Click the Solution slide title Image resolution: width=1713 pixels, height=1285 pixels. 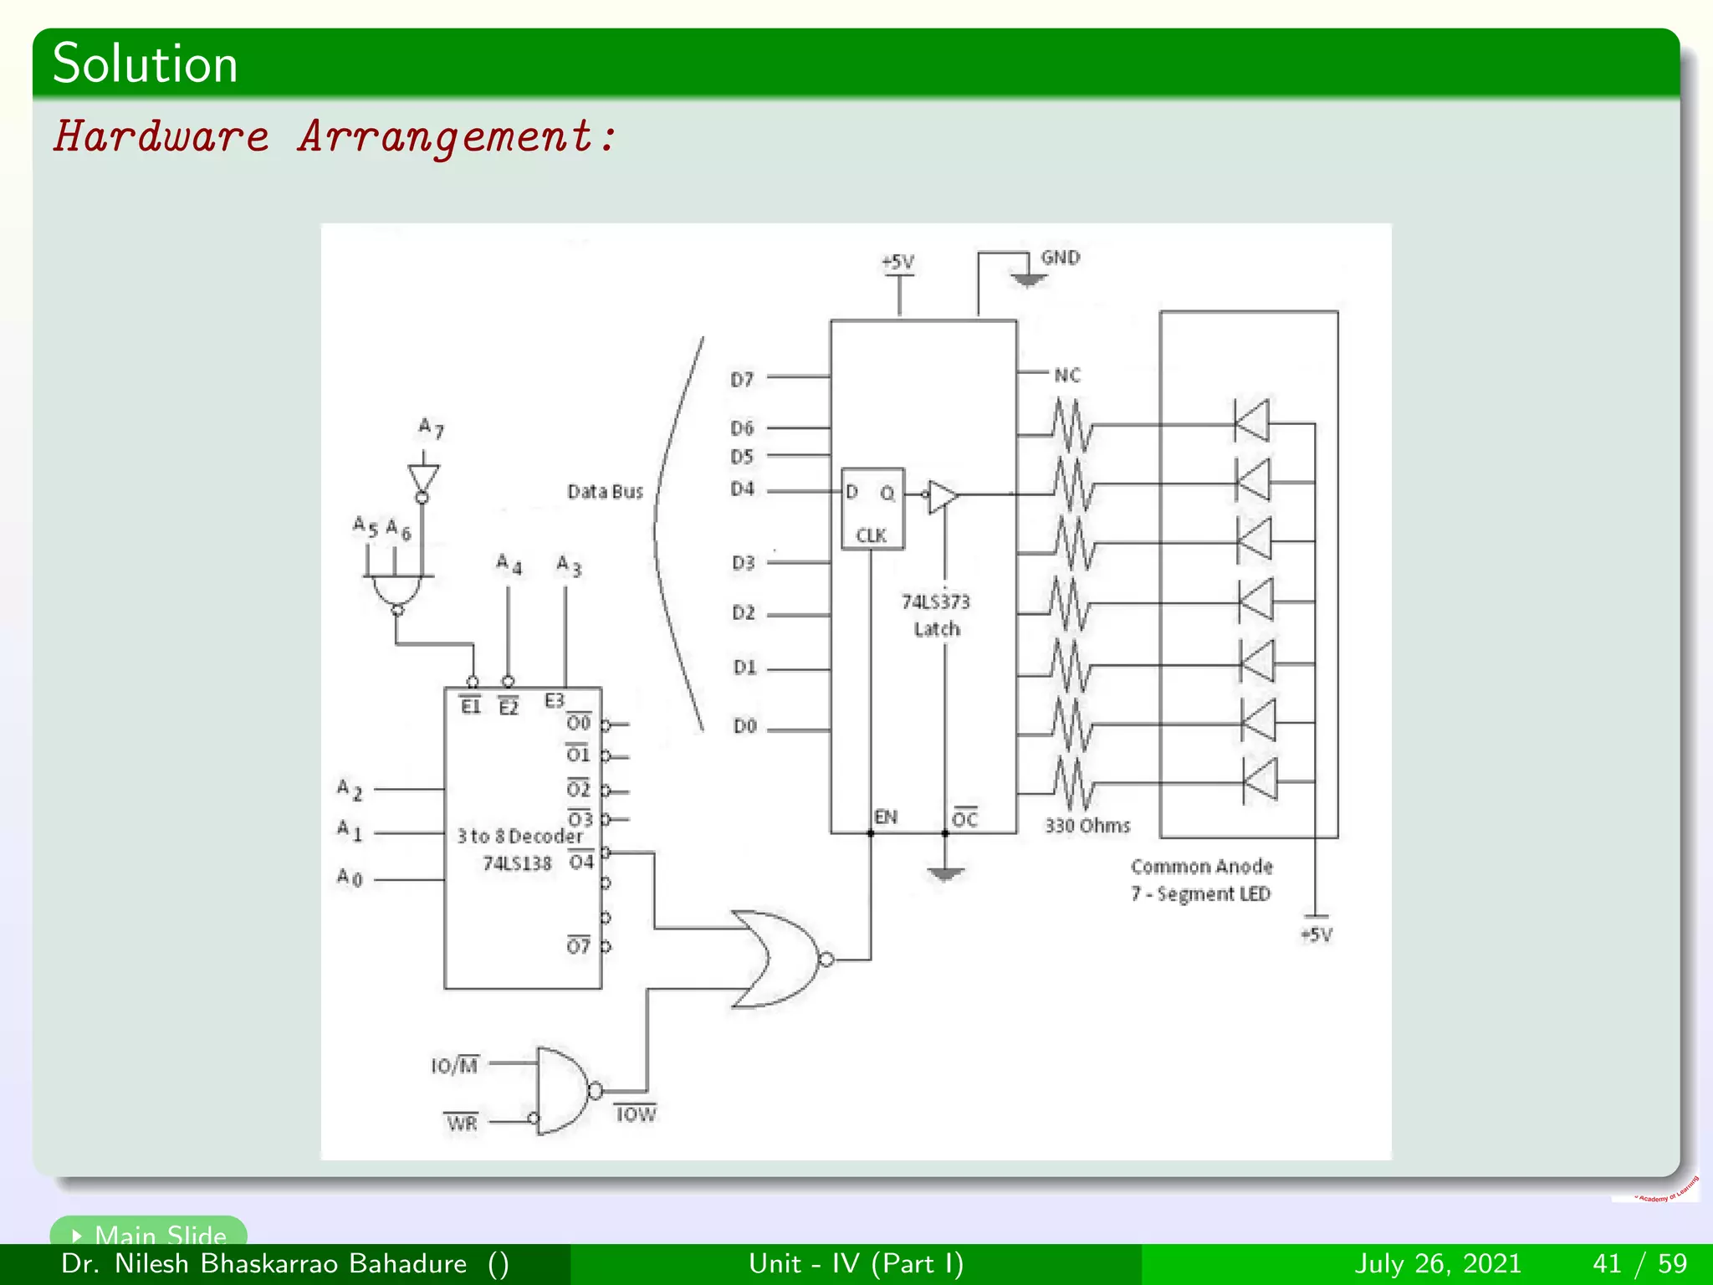point(145,64)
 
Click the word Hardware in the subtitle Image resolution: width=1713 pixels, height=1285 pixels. point(161,136)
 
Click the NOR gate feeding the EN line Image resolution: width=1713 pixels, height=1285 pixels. point(775,959)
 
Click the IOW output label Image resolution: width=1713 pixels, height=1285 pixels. point(636,1114)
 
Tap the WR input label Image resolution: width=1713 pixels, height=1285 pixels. point(462,1123)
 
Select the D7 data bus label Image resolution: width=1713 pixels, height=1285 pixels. point(742,380)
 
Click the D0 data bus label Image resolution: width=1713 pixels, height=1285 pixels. point(744,727)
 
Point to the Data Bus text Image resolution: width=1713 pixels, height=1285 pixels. point(605,492)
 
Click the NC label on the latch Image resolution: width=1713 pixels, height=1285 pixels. point(1066,376)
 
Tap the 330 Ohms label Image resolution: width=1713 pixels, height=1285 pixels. point(1087,826)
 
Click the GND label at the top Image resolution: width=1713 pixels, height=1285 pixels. point(1060,258)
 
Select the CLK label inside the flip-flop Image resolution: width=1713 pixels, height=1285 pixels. point(871,535)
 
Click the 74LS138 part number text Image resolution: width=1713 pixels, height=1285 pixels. point(517,863)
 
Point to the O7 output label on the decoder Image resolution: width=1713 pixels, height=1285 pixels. point(578,946)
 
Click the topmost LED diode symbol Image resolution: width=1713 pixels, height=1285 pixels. point(1252,420)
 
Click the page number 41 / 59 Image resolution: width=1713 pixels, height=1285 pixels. point(1639,1263)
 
